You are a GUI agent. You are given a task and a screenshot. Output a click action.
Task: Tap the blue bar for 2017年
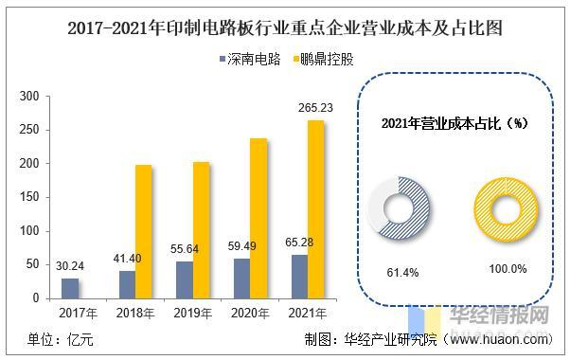tap(70, 288)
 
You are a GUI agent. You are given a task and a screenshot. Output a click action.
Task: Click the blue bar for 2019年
tap(184, 279)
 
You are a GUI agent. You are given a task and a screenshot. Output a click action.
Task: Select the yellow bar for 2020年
tap(258, 218)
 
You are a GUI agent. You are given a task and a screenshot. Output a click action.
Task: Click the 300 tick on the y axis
tap(28, 97)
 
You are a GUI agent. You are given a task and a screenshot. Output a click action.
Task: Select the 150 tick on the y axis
tap(28, 198)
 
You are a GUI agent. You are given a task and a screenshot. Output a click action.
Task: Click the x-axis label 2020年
tap(250, 313)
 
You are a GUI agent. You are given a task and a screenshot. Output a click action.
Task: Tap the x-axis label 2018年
tap(135, 313)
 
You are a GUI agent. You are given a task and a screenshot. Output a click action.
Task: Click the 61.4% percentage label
tap(397, 270)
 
